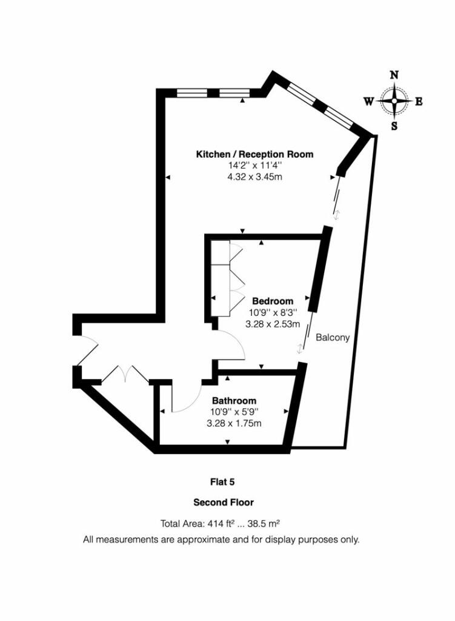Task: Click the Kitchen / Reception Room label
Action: pyautogui.click(x=254, y=154)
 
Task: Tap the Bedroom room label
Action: pyautogui.click(x=273, y=301)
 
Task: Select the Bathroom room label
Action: pyautogui.click(x=234, y=400)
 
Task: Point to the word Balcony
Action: pyautogui.click(x=333, y=337)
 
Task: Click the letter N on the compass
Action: pyautogui.click(x=394, y=75)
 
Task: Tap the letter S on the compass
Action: pyautogui.click(x=394, y=126)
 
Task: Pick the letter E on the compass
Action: pyautogui.click(x=419, y=102)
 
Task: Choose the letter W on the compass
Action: pyautogui.click(x=369, y=102)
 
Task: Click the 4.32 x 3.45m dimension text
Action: pyautogui.click(x=254, y=176)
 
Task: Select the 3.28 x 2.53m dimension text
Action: pyautogui.click(x=273, y=324)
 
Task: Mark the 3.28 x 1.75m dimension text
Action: pyautogui.click(x=234, y=423)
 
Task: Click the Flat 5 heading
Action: pyautogui.click(x=222, y=482)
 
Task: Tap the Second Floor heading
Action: pyautogui.click(x=224, y=503)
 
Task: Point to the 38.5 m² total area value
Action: pyautogui.click(x=264, y=523)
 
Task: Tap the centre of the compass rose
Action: pyautogui.click(x=394, y=101)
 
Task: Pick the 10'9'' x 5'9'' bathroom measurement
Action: pyautogui.click(x=234, y=412)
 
